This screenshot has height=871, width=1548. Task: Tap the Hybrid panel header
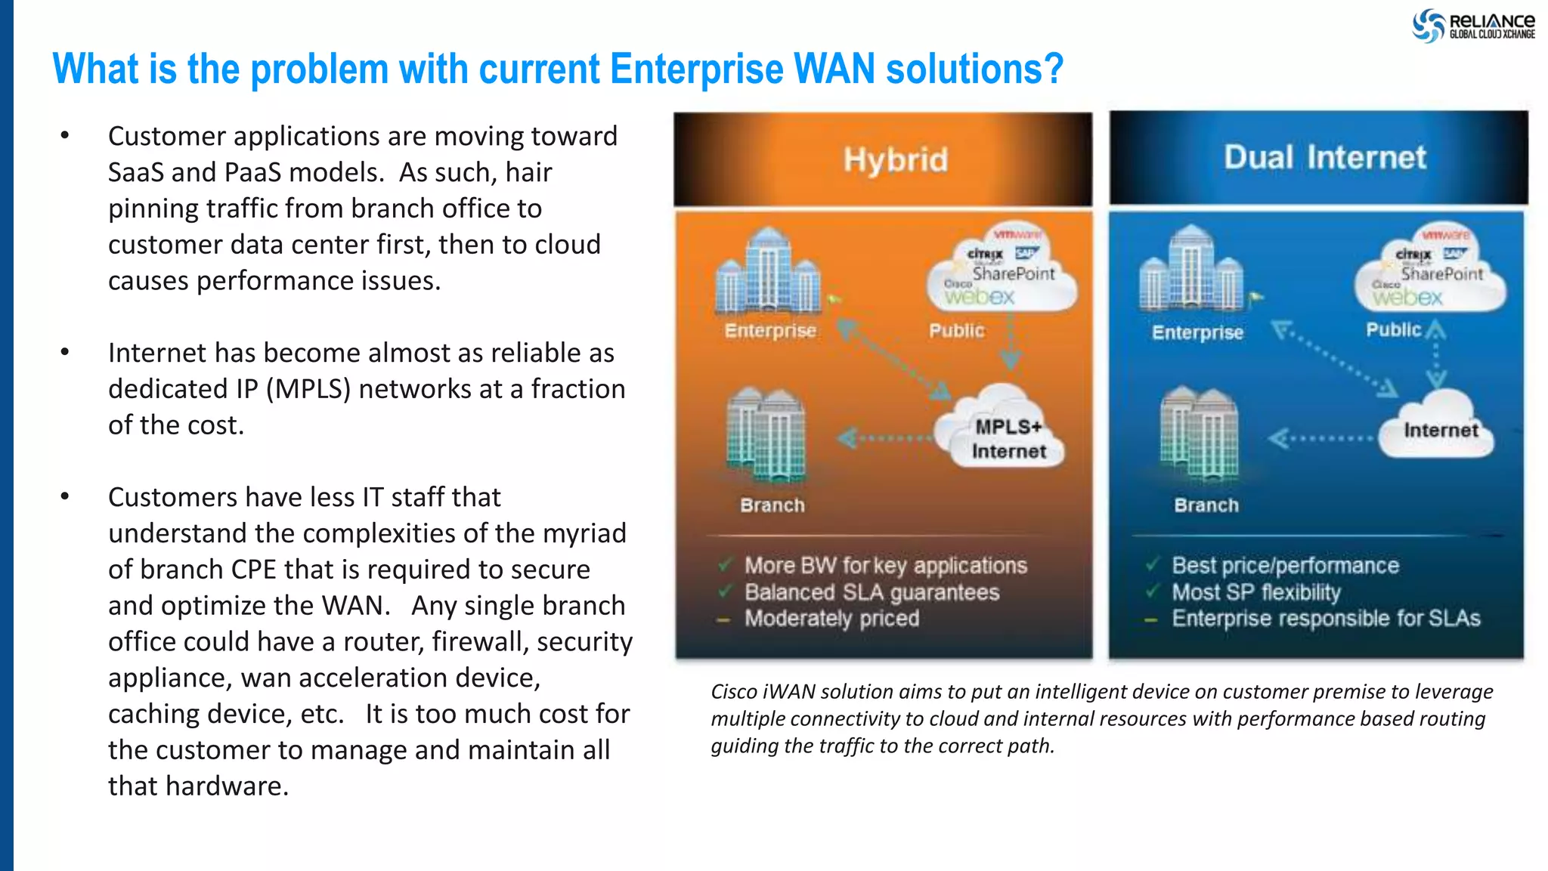[882, 159]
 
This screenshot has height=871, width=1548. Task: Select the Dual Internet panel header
[1318, 158]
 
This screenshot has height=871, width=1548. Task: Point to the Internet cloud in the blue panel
[1438, 427]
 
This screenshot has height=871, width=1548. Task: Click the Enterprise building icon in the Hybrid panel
[767, 273]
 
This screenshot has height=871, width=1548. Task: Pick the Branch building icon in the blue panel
[1199, 435]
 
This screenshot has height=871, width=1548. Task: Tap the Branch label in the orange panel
[772, 505]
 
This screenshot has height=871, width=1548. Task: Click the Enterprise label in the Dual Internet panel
[1197, 332]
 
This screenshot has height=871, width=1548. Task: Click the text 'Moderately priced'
[831, 619]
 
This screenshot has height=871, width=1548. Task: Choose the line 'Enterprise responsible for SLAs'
[1325, 619]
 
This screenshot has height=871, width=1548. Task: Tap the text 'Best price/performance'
[1285, 565]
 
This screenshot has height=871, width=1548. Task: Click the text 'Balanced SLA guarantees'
[872, 592]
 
